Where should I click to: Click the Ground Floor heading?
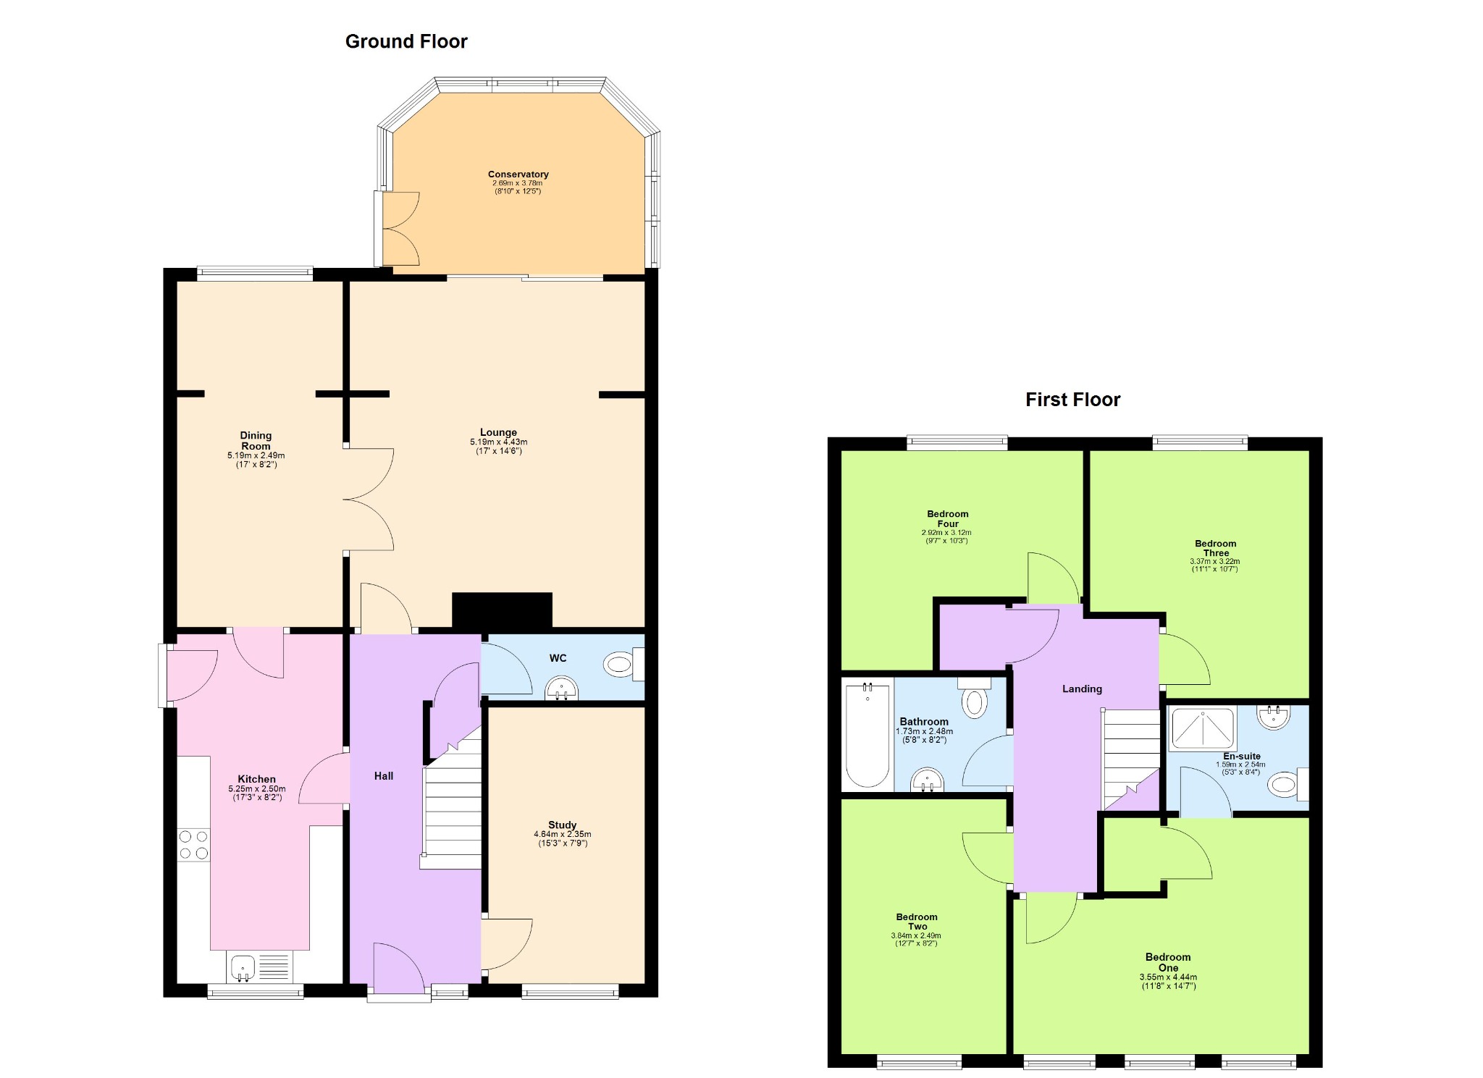(406, 42)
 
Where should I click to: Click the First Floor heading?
(1072, 400)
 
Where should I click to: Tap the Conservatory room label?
(518, 174)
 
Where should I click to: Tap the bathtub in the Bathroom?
(867, 735)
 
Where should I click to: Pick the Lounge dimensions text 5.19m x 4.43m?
(498, 442)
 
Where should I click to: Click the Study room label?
(562, 825)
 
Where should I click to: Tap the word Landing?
(1082, 689)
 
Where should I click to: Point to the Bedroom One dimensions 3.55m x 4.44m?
(1168, 977)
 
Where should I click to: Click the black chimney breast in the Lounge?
(502, 610)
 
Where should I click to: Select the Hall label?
(384, 776)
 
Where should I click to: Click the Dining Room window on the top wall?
(255, 274)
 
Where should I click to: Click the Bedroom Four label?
(947, 519)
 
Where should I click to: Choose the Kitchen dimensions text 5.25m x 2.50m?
(256, 789)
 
